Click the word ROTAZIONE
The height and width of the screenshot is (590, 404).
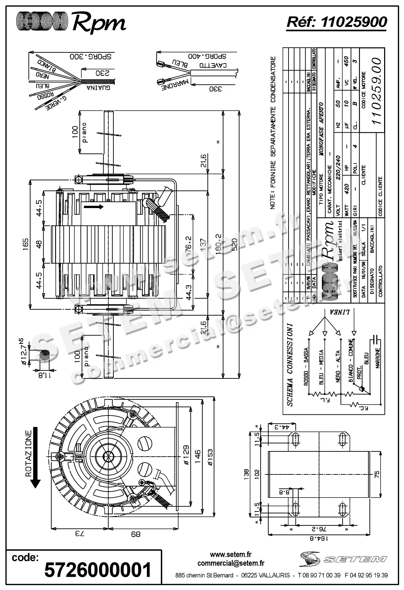(x=29, y=453)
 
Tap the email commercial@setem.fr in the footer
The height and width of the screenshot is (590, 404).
(x=231, y=563)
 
